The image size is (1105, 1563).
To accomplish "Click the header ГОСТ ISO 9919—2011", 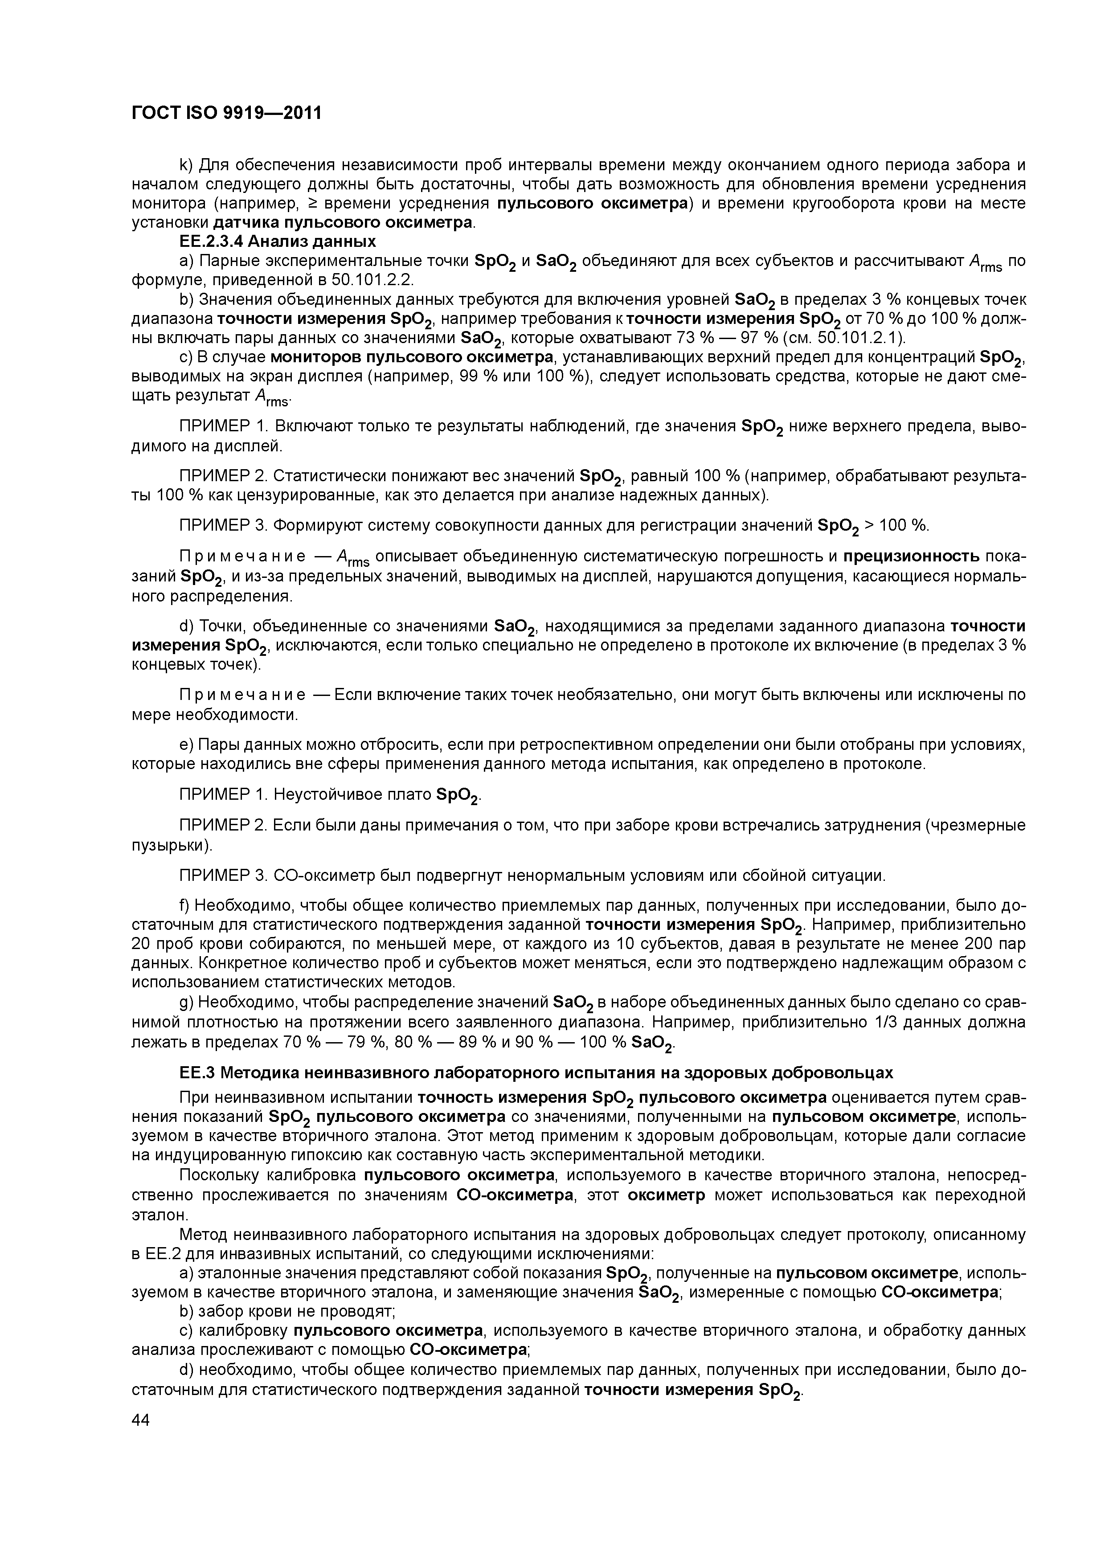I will click(x=226, y=113).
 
